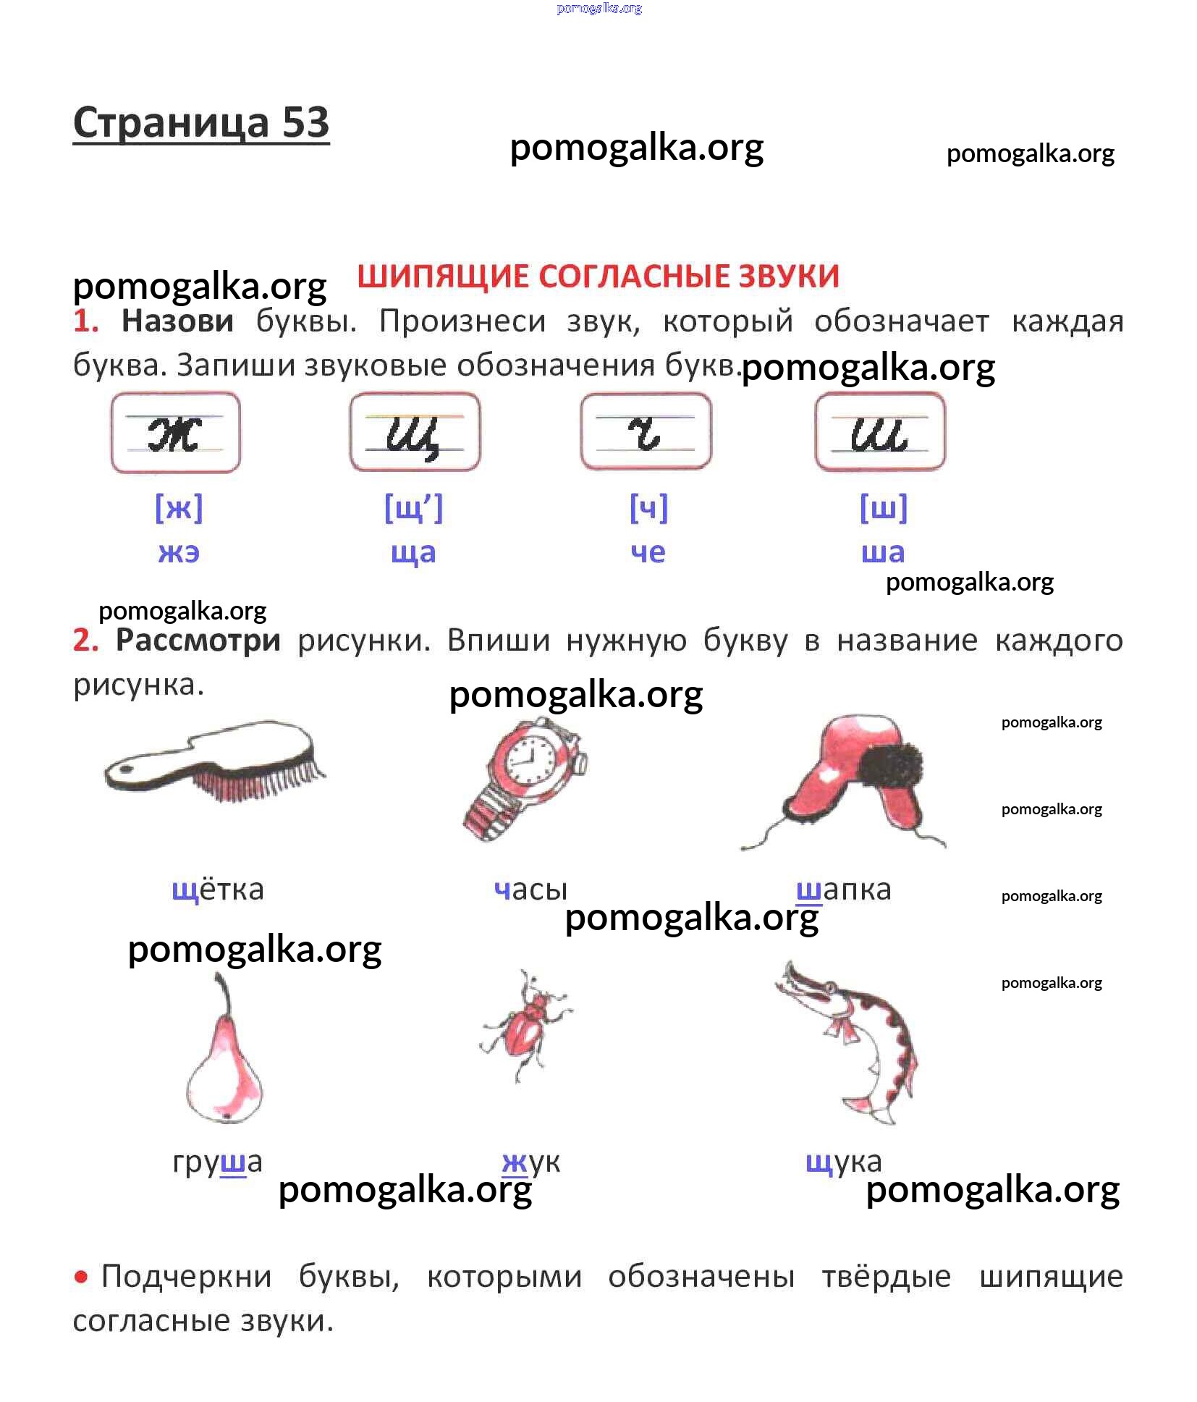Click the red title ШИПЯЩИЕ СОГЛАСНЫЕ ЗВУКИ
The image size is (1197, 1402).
tap(598, 276)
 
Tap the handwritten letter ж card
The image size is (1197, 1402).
tap(176, 432)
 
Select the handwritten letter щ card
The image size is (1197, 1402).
tap(415, 432)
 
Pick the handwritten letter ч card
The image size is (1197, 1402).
tap(646, 432)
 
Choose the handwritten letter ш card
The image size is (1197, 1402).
tap(880, 432)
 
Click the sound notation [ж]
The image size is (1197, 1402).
tap(179, 507)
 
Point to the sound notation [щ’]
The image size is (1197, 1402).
tap(413, 507)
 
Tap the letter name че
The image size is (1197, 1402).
tap(648, 552)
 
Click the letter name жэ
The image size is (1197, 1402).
tap(179, 552)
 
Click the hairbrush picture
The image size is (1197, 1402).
tap(215, 760)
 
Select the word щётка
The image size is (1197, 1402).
tap(218, 890)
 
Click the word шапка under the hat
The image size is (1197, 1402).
tap(844, 890)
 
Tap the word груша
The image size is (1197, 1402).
tap(217, 1163)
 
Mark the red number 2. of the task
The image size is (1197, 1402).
tap(86, 640)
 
